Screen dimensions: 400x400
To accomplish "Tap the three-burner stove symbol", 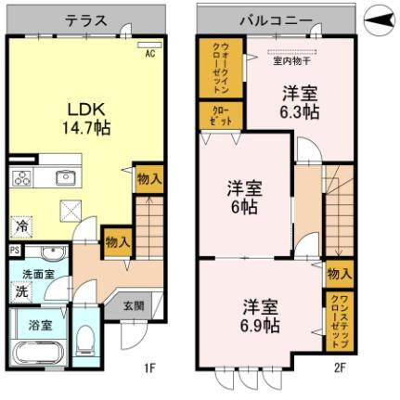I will [x=21, y=179].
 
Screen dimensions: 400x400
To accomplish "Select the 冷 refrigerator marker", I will [x=20, y=226].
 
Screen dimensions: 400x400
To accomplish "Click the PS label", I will [x=15, y=251].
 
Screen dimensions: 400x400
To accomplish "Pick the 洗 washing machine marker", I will [x=19, y=291].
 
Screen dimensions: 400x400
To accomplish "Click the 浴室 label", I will [x=39, y=325].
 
